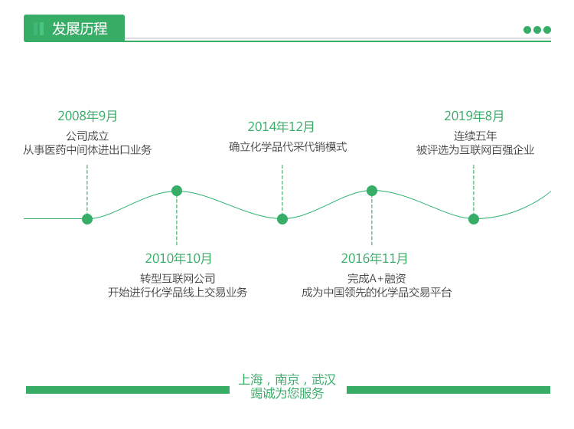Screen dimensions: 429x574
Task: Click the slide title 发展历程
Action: pyautogui.click(x=80, y=29)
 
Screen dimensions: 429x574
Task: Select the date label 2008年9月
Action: pyautogui.click(x=88, y=116)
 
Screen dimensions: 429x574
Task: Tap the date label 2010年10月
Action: pyautogui.click(x=179, y=259)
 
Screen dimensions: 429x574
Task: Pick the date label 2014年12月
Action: pyautogui.click(x=282, y=127)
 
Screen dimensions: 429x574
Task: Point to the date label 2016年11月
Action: pyautogui.click(x=375, y=259)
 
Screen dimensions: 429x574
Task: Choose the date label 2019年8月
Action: pyautogui.click(x=475, y=116)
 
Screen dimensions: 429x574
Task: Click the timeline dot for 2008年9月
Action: pyautogui.click(x=87, y=219)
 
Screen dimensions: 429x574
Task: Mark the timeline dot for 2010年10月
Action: pyautogui.click(x=177, y=191)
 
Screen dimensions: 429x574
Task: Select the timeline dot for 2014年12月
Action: pyautogui.click(x=282, y=219)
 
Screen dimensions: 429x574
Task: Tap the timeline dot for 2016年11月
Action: pyautogui.click(x=372, y=191)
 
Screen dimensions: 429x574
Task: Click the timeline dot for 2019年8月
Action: pyautogui.click(x=474, y=219)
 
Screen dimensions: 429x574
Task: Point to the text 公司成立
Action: pyautogui.click(x=87, y=136)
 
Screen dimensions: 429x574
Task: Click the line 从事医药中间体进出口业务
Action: pyautogui.click(x=87, y=150)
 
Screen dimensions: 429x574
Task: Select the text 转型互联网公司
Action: pyautogui.click(x=178, y=279)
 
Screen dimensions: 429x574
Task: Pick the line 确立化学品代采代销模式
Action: pyautogui.click(x=288, y=147)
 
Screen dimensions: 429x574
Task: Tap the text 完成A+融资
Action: pyautogui.click(x=377, y=279)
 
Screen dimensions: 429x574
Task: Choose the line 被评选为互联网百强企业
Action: pyautogui.click(x=475, y=150)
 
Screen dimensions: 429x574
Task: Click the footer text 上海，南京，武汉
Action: pyautogui.click(x=287, y=380)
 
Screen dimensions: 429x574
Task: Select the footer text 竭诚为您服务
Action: pyautogui.click(x=287, y=394)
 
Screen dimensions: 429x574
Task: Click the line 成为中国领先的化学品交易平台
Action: pyautogui.click(x=377, y=293)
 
